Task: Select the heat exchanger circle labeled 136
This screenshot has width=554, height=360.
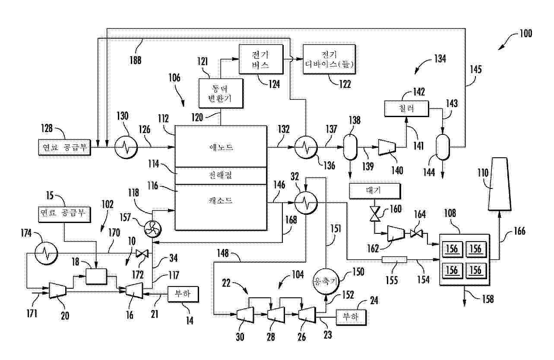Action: coord(306,148)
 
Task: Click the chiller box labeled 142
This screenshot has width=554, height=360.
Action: coord(407,108)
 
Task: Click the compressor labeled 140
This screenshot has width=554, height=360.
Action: coord(389,147)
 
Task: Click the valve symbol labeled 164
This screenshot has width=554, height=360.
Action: coord(416,234)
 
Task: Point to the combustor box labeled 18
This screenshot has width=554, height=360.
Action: coord(96,276)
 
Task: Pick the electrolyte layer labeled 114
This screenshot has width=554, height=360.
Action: coord(221,175)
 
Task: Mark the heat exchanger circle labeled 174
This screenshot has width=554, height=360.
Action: coord(46,253)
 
